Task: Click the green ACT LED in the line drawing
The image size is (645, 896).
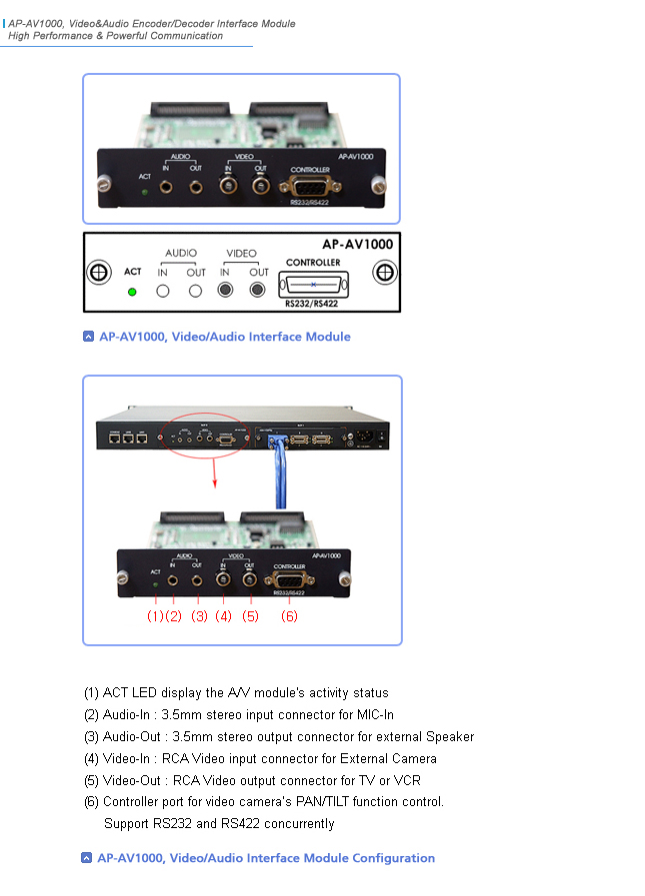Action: click(132, 292)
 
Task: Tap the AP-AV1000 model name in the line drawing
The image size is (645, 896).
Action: click(357, 244)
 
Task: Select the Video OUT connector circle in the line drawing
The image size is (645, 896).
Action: click(258, 290)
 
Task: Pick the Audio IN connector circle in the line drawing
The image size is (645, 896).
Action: click(163, 291)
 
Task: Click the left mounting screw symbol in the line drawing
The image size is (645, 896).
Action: click(98, 273)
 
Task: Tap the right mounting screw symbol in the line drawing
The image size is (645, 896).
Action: click(383, 273)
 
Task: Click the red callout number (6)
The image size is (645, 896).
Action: click(288, 616)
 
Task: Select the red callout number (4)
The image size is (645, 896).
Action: click(223, 616)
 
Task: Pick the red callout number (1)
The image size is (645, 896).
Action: click(154, 616)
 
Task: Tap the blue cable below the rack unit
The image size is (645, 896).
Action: click(277, 479)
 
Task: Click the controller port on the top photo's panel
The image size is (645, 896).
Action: click(310, 186)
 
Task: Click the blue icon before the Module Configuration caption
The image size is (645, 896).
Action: click(88, 858)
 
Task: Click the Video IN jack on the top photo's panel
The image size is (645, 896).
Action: click(229, 185)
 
